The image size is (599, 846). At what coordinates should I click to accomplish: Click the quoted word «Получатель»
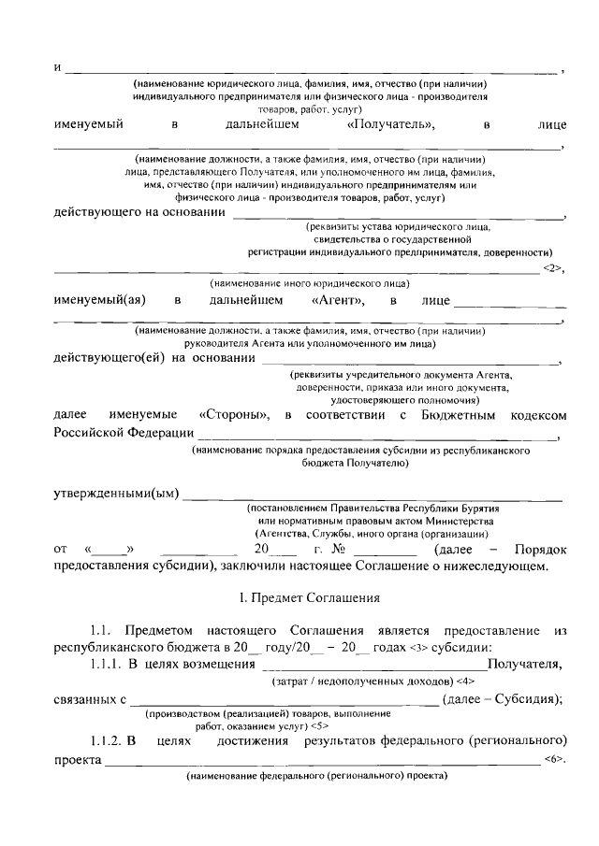pos(389,123)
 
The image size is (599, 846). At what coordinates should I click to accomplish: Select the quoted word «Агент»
pos(337,300)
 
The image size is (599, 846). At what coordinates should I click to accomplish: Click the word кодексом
pos(539,414)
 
